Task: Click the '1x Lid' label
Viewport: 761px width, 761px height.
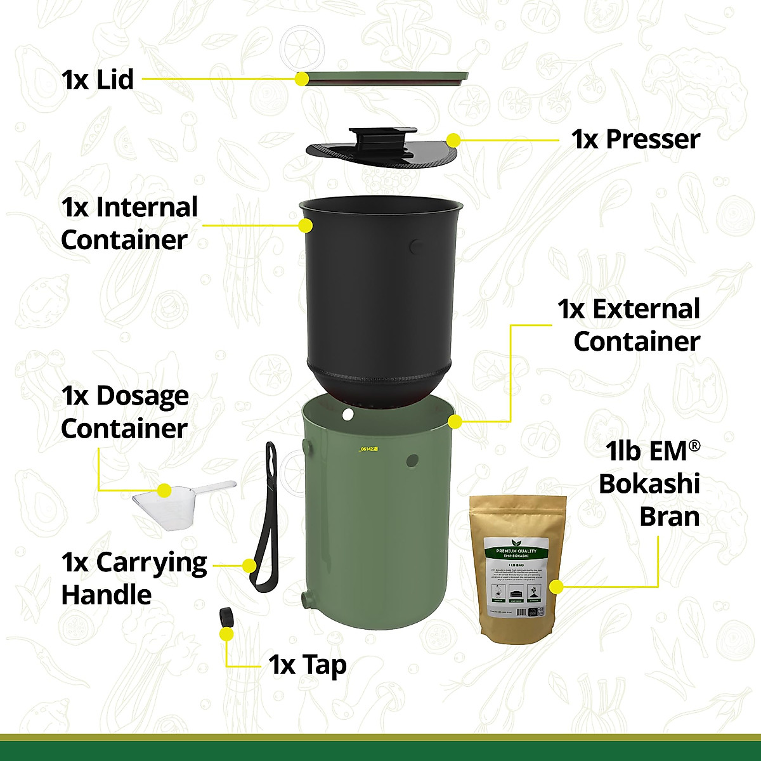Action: (98, 80)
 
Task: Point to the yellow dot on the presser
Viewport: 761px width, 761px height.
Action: (453, 140)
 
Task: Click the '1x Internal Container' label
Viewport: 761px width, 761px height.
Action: (129, 224)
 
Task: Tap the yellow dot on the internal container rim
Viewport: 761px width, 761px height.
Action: (306, 225)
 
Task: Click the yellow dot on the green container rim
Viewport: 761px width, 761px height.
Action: (454, 421)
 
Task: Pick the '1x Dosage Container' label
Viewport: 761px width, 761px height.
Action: (125, 412)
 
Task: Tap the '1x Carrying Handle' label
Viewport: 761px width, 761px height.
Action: (134, 578)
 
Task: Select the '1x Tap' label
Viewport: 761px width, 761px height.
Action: (308, 665)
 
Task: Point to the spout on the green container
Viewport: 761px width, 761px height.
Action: (307, 598)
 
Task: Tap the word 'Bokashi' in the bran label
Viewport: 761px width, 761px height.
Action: (649, 484)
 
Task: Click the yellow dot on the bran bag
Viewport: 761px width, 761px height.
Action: (556, 587)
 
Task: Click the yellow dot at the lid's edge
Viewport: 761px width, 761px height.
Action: (302, 79)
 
